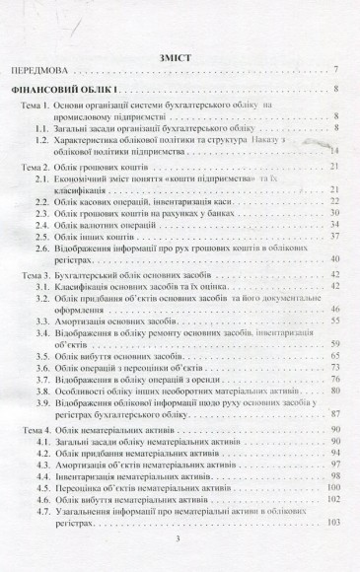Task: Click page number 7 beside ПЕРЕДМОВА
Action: [x=336, y=72]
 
